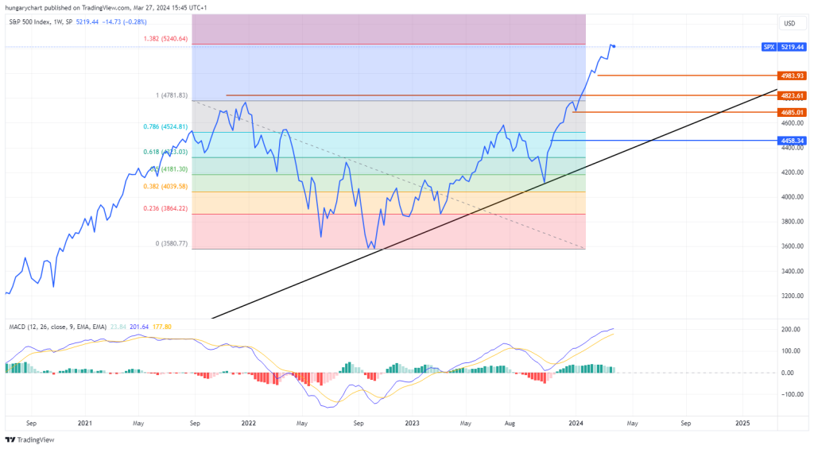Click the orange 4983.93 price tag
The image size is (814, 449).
point(793,75)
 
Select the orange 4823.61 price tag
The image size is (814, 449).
point(793,95)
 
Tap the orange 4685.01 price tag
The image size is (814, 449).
point(793,112)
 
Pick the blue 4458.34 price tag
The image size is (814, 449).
point(793,140)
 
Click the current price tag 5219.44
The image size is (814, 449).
point(792,47)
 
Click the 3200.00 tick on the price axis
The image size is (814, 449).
point(791,296)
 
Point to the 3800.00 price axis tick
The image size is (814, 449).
point(791,222)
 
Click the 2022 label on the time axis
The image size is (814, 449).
point(249,424)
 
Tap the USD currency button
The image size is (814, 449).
point(789,23)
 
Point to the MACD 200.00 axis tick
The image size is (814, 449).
point(790,329)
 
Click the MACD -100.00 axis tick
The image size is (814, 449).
point(789,394)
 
